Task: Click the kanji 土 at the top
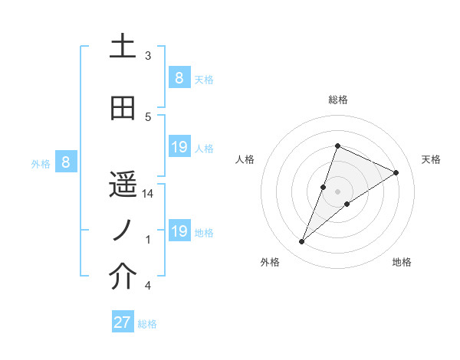click(x=123, y=47)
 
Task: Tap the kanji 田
click(x=123, y=108)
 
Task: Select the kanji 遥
click(x=123, y=185)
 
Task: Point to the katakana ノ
click(x=123, y=231)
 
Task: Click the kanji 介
click(x=123, y=277)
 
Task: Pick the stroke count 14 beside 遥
click(x=148, y=194)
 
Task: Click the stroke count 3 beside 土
click(x=148, y=56)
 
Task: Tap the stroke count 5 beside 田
click(x=148, y=117)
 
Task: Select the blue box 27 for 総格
click(x=123, y=322)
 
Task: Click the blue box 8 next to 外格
click(x=66, y=162)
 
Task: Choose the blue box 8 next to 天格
click(x=179, y=77)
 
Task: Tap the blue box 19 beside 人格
click(x=179, y=146)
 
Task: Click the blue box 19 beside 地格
click(x=179, y=231)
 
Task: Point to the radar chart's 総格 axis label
click(x=337, y=100)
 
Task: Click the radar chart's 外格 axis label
click(x=270, y=262)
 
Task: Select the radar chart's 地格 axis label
click(x=402, y=262)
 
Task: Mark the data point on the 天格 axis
click(x=396, y=172)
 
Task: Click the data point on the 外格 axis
click(x=302, y=242)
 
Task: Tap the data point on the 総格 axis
click(x=337, y=146)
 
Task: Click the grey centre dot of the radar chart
click(x=337, y=191)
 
